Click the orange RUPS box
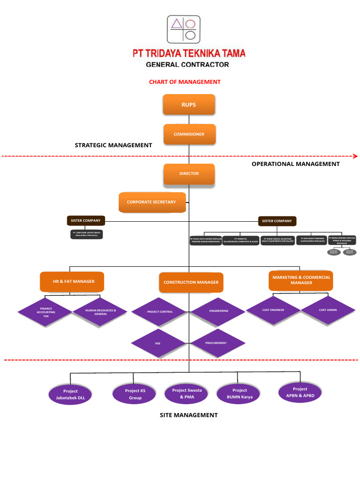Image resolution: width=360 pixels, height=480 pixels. (x=189, y=105)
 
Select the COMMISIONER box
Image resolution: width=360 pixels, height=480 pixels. (x=189, y=134)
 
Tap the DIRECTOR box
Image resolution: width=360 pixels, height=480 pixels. (x=189, y=173)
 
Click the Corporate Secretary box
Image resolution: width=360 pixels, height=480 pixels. (x=152, y=202)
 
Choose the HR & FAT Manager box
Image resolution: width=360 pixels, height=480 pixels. (x=72, y=281)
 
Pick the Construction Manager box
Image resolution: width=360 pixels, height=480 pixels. (x=191, y=282)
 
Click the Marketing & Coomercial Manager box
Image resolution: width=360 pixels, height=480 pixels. (x=301, y=280)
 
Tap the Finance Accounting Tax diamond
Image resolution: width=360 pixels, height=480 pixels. (x=45, y=313)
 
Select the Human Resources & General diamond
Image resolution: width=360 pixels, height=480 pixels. (x=100, y=312)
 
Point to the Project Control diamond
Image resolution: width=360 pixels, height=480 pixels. (x=159, y=312)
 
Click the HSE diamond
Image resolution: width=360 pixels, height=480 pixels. (x=158, y=344)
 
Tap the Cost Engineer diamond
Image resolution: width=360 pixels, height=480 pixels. (x=273, y=310)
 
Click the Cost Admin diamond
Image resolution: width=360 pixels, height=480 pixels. (x=328, y=310)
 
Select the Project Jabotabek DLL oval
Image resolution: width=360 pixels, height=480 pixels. (x=70, y=394)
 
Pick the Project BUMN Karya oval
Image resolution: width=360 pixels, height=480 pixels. (x=240, y=393)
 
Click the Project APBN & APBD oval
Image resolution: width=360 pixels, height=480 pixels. (x=300, y=392)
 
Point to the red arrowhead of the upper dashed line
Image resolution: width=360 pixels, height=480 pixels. (x=355, y=156)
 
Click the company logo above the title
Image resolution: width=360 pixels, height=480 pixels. (x=183, y=30)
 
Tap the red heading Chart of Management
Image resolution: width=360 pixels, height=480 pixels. (x=185, y=82)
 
